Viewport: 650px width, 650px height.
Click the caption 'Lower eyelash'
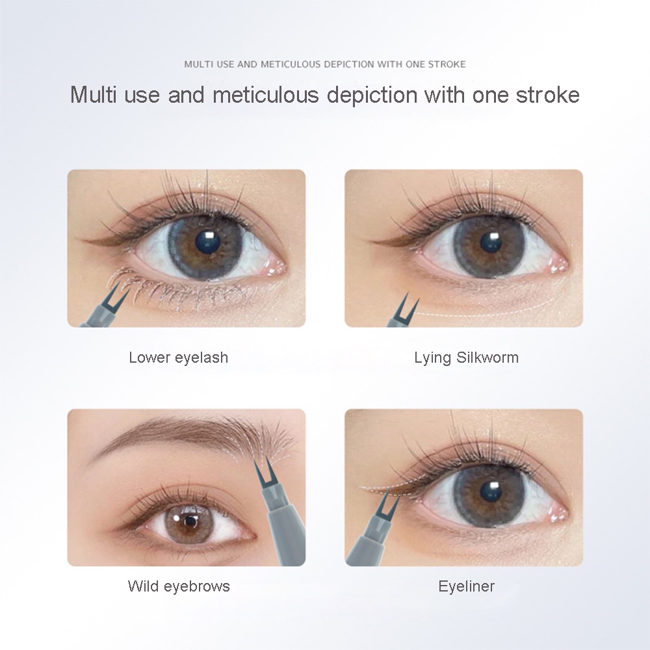[178, 357]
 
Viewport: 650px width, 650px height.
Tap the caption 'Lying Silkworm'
[466, 357]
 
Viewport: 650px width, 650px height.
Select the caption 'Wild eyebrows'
[179, 586]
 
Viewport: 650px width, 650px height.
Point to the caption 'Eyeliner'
[466, 586]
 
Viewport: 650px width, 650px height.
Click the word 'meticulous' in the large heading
[265, 94]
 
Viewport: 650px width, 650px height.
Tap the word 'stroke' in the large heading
[547, 94]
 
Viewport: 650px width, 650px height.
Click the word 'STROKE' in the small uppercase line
[447, 64]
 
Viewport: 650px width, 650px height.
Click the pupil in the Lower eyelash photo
[207, 241]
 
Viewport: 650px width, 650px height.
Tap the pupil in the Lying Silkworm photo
[491, 242]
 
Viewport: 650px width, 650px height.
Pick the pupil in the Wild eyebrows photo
[190, 521]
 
